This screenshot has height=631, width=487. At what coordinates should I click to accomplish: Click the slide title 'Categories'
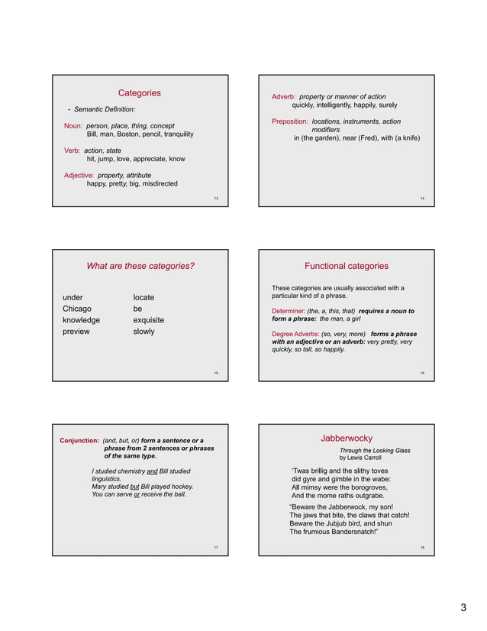click(139, 92)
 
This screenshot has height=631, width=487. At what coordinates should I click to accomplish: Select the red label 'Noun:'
click(73, 125)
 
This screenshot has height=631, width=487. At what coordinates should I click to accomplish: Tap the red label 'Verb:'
click(73, 150)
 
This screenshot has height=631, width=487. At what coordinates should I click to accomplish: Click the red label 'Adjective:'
click(79, 175)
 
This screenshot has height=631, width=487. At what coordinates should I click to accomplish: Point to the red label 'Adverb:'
click(284, 97)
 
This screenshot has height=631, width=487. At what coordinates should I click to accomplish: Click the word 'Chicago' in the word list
click(76, 309)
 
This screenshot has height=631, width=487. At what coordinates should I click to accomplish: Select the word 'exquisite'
click(148, 320)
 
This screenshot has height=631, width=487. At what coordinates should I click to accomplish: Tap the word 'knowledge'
click(81, 320)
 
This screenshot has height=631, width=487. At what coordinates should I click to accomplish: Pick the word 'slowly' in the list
click(144, 332)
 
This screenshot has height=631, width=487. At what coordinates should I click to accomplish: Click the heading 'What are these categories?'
click(140, 267)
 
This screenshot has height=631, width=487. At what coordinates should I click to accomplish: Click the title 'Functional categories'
click(346, 267)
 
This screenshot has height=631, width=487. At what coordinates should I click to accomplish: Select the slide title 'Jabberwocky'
click(346, 438)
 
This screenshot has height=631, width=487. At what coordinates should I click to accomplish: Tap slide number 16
click(422, 373)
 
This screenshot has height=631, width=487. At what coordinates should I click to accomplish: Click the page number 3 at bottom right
click(463, 608)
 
